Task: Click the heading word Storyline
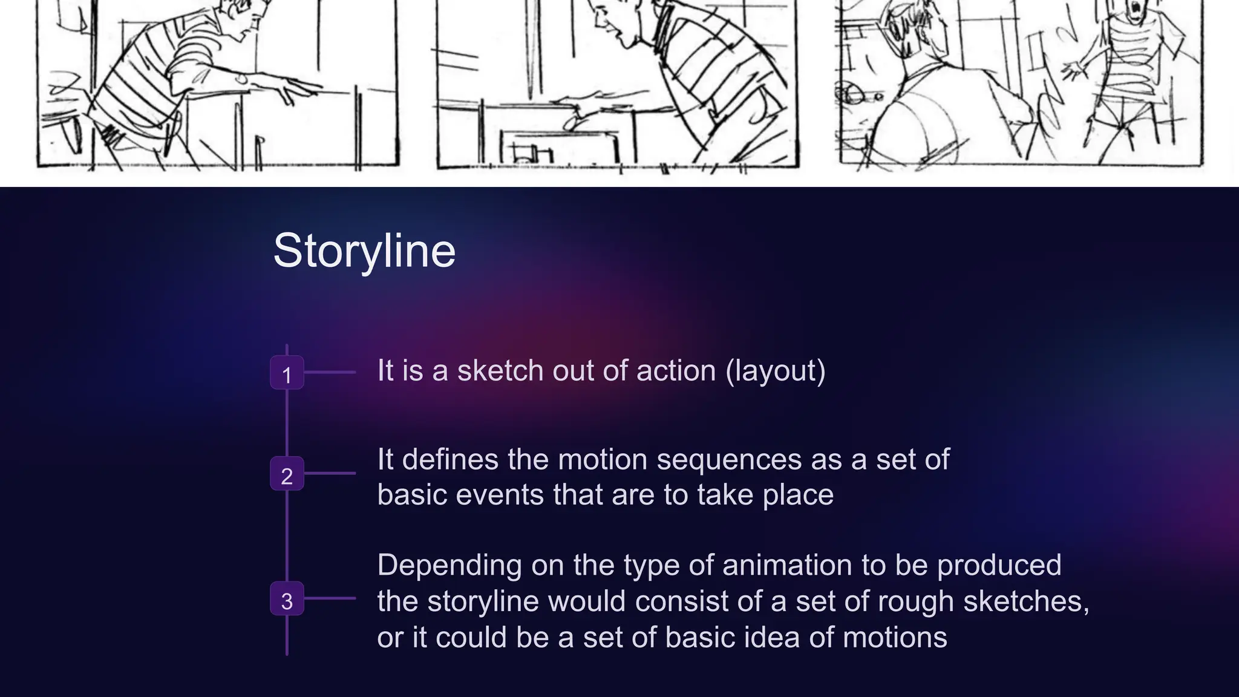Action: (x=364, y=250)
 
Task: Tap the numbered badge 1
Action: (x=287, y=373)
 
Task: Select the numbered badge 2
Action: (x=287, y=474)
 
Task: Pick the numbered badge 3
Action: (x=287, y=599)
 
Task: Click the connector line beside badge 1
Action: (x=330, y=373)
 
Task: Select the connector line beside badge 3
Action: (x=330, y=598)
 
